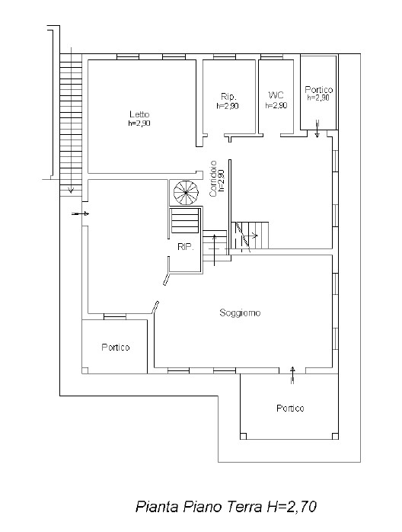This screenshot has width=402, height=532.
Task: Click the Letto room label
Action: [139, 114]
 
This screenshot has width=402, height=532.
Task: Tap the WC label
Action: [276, 95]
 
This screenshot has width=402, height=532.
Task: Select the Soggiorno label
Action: [240, 312]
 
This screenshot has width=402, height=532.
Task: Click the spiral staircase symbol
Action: [186, 192]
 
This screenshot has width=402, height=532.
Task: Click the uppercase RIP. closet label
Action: [186, 247]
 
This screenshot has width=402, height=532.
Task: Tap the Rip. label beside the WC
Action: [228, 96]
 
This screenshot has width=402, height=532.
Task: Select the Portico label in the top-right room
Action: [318, 90]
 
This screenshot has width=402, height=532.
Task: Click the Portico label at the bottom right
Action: [290, 408]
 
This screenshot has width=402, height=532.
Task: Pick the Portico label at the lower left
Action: [116, 347]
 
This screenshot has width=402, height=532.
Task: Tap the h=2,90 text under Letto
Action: [139, 123]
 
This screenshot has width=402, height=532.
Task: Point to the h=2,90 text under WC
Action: [276, 105]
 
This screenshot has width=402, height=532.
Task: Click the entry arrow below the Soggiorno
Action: [292, 375]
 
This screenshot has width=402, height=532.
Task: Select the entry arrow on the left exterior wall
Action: [81, 213]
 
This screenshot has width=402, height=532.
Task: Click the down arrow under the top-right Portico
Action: [317, 129]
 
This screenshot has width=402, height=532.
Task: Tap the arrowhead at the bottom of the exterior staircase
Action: [71, 190]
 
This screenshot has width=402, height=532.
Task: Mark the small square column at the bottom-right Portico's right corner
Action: [335, 436]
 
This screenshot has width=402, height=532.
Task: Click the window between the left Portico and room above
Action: [114, 317]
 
